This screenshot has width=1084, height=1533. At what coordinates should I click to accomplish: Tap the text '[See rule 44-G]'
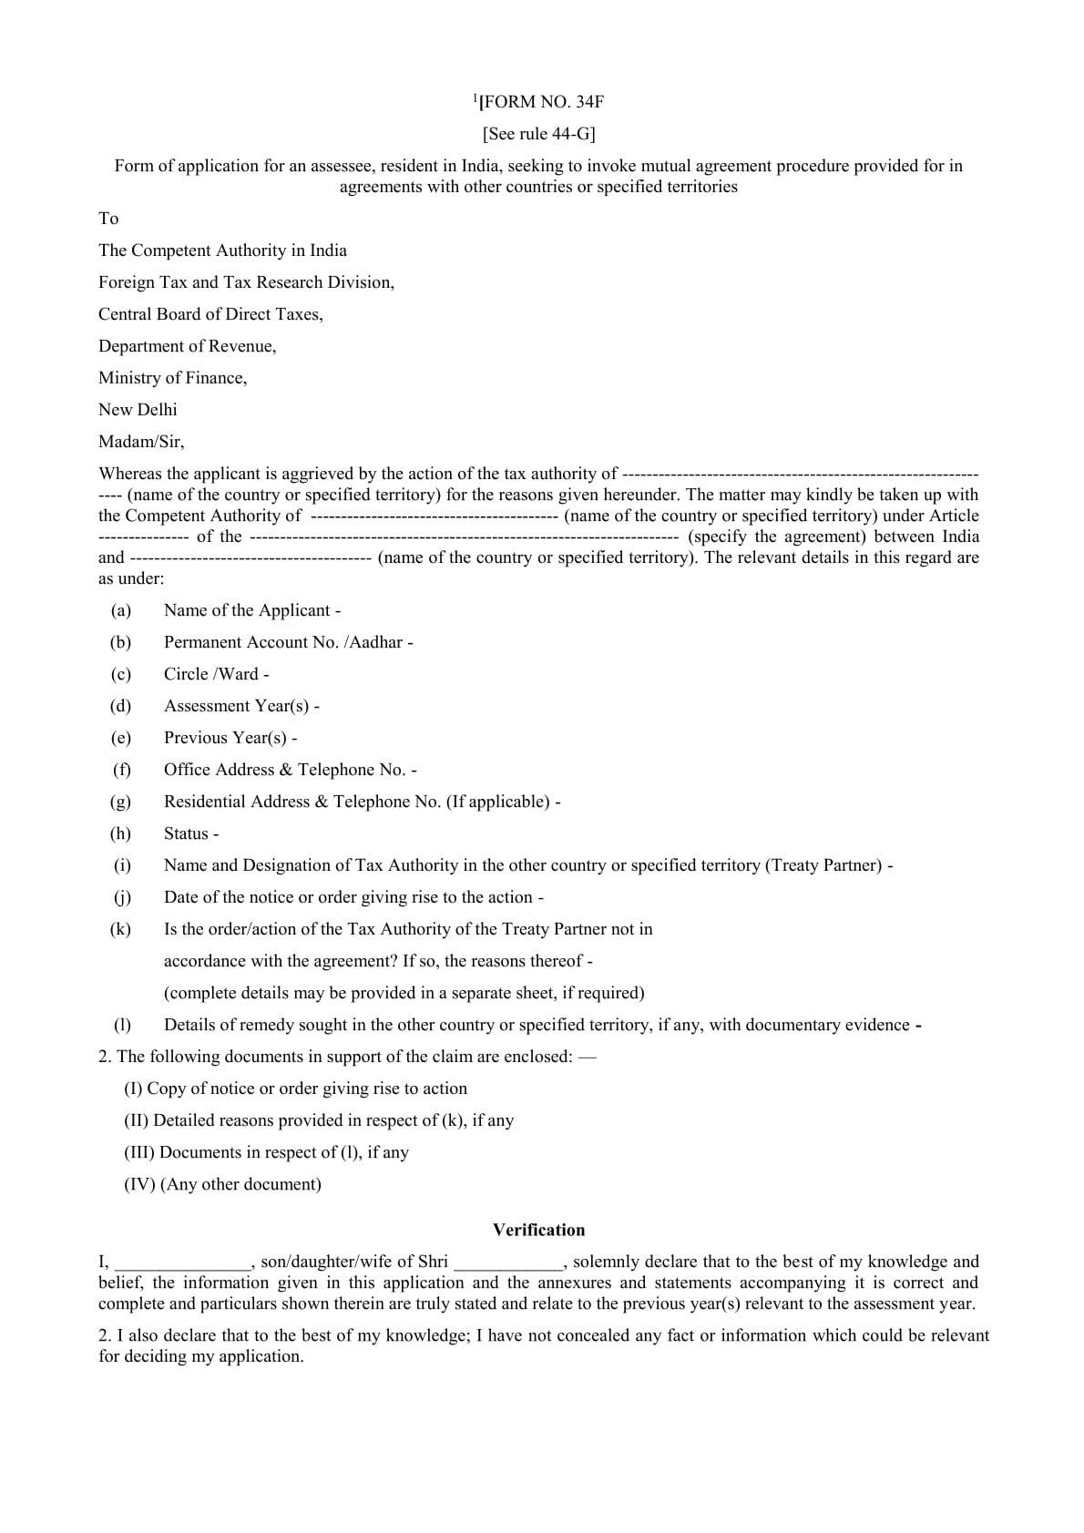pos(538,134)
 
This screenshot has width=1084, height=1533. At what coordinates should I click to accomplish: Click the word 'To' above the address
pos(108,219)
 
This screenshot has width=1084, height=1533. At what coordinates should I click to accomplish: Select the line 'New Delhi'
pos(138,410)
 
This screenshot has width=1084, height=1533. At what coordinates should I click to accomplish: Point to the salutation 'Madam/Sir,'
pos(141,442)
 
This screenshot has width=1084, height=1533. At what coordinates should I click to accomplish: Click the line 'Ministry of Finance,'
pos(172,378)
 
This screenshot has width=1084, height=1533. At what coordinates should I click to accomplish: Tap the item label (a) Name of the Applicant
pos(252,610)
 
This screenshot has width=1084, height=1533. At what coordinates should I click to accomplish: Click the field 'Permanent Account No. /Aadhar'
pos(288,642)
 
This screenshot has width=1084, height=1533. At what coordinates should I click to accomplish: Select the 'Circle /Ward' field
pos(216,674)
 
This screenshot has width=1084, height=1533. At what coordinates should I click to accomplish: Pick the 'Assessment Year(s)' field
pos(240,706)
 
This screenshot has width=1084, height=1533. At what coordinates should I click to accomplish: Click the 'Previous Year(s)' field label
pos(230,738)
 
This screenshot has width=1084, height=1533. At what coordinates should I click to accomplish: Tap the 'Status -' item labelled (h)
pos(190,833)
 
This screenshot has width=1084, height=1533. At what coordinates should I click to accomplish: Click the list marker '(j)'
pos(122,897)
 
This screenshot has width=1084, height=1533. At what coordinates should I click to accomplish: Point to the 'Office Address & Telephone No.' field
pos(290,770)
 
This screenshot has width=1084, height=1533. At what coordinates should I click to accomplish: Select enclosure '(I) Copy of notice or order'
pos(295,1088)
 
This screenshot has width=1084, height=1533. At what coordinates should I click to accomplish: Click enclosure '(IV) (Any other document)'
pos(222,1184)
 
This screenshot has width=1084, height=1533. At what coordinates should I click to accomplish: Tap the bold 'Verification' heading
pos(538,1230)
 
